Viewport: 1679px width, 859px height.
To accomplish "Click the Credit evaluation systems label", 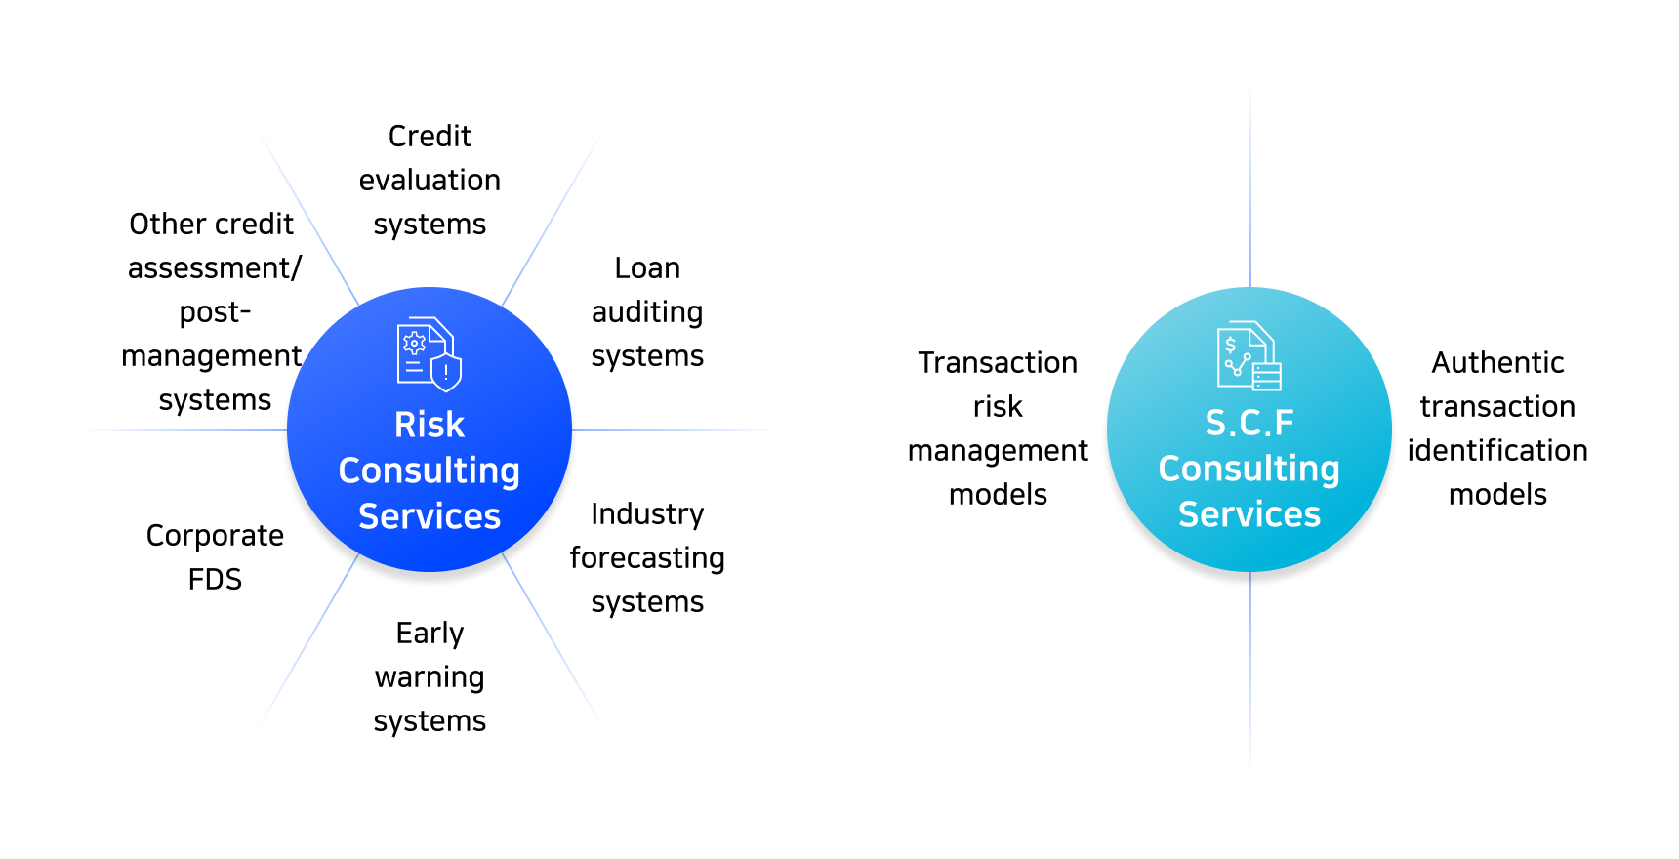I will pyautogui.click(x=430, y=180).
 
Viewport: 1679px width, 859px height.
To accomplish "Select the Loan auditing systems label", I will pyautogui.click(x=647, y=312).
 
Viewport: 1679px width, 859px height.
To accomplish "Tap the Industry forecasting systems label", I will pyautogui.click(x=647, y=558).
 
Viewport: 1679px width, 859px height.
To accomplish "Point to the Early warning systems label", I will pyautogui.click(x=430, y=677).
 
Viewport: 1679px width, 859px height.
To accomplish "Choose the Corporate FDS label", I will pyautogui.click(x=215, y=557).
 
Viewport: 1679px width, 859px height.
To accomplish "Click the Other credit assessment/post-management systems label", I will pyautogui.click(x=213, y=312).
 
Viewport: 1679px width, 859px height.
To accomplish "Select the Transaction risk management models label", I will pyautogui.click(x=998, y=429).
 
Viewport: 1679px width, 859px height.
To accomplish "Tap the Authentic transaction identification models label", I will pyautogui.click(x=1497, y=429).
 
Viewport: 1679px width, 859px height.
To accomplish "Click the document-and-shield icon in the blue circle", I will pyautogui.click(x=429, y=353).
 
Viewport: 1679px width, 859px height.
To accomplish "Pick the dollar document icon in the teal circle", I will pyautogui.click(x=1249, y=356).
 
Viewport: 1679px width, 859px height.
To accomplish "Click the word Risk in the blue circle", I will pyautogui.click(x=430, y=425).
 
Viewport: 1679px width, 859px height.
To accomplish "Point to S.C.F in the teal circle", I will pyautogui.click(x=1249, y=423).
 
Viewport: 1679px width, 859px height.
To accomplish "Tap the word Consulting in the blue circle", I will pyautogui.click(x=430, y=470).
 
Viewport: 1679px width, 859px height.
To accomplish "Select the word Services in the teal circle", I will pyautogui.click(x=1249, y=514).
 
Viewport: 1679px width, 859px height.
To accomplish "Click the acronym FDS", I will pyautogui.click(x=215, y=580).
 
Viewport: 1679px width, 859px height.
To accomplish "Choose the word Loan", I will pyautogui.click(x=647, y=268).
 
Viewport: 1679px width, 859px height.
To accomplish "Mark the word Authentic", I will pyautogui.click(x=1497, y=363).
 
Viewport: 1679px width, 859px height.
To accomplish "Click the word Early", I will pyautogui.click(x=430, y=634).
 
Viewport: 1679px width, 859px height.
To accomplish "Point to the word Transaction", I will pyautogui.click(x=998, y=363).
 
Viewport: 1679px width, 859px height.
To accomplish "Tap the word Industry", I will pyautogui.click(x=647, y=514).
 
